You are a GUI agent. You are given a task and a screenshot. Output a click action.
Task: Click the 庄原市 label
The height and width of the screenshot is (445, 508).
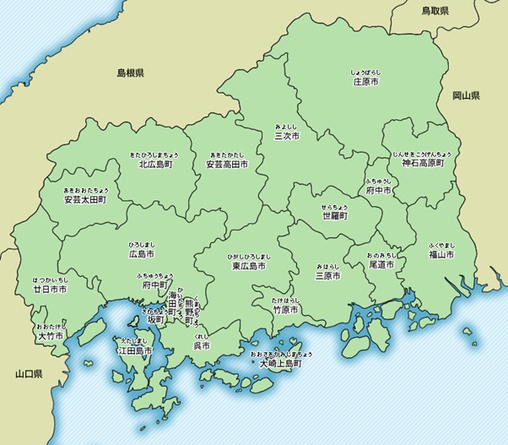[x=365, y=82]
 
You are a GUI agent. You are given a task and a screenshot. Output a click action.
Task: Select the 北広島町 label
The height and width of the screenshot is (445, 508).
[x=155, y=166]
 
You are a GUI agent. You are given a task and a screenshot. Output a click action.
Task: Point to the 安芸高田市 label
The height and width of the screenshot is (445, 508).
[x=227, y=166]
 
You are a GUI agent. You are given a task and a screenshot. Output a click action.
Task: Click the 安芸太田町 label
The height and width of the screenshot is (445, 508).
[x=85, y=201]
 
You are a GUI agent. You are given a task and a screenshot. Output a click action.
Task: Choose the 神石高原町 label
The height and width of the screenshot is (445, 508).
[x=422, y=164]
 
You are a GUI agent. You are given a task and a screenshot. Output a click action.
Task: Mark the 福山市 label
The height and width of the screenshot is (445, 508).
[x=440, y=253]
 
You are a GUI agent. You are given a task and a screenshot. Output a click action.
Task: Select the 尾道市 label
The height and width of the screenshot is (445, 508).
[x=382, y=264]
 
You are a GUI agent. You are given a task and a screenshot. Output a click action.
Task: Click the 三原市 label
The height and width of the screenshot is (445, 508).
[x=328, y=275]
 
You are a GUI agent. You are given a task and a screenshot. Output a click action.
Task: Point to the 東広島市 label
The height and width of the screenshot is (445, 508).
[x=249, y=265]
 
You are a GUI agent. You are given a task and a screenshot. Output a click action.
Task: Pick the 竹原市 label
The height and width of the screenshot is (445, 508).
[x=286, y=310]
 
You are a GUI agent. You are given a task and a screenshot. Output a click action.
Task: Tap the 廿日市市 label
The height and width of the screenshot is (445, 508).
[x=50, y=289]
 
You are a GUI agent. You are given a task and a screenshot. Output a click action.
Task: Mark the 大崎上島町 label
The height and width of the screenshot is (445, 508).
[x=280, y=363]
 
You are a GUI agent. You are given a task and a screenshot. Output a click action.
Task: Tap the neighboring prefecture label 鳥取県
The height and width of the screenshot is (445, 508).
[x=435, y=11]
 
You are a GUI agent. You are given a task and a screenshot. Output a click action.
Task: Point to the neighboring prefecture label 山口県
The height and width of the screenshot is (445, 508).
[x=29, y=372]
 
